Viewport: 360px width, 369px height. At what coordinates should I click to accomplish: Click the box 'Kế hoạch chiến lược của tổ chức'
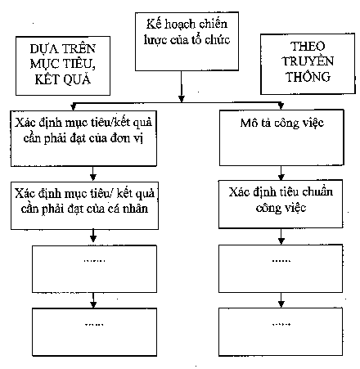pyautogui.click(x=187, y=41)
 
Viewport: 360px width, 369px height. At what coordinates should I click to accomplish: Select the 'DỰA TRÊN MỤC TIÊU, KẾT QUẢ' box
pyautogui.click(x=63, y=65)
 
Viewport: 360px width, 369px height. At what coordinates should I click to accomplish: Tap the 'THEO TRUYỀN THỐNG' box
pyautogui.click(x=308, y=64)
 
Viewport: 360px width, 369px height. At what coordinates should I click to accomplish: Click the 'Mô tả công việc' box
pyautogui.click(x=281, y=137)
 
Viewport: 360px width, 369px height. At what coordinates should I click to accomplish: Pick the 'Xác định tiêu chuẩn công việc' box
pyautogui.click(x=281, y=204)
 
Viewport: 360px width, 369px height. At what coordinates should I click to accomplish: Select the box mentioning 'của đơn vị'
pyautogui.click(x=83, y=138)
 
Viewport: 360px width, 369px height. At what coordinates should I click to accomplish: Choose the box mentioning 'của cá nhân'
pyautogui.click(x=84, y=205)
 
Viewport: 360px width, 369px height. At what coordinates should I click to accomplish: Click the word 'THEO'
pyautogui.click(x=308, y=46)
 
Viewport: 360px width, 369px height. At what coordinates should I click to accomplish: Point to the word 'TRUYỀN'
pyautogui.click(x=308, y=61)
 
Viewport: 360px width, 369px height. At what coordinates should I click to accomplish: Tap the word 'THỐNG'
pyautogui.click(x=308, y=76)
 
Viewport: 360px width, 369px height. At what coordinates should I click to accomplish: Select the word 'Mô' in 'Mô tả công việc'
pyautogui.click(x=249, y=123)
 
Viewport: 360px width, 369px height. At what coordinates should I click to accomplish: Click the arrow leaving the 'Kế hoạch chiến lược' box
pyautogui.click(x=182, y=87)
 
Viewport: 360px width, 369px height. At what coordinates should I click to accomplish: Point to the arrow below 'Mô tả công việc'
pyautogui.click(x=281, y=173)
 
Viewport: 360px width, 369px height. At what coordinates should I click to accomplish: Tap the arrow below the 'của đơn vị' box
pyautogui.click(x=93, y=174)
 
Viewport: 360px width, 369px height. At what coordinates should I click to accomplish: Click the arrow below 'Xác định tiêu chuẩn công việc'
pyautogui.click(x=281, y=236)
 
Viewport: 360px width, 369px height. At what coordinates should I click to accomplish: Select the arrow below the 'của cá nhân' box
pyautogui.click(x=93, y=237)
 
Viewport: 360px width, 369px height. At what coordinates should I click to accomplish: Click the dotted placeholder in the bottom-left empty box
pyautogui.click(x=94, y=325)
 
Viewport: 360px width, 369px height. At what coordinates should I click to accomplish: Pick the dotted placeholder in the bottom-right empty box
pyautogui.click(x=281, y=324)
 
